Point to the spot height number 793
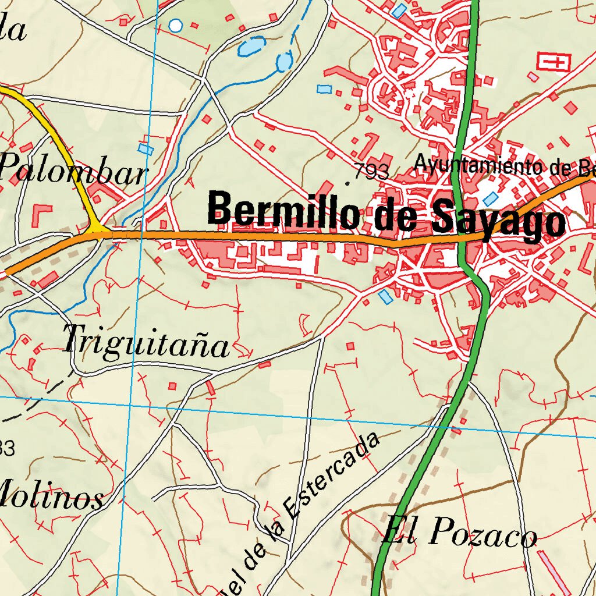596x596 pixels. tap(371, 172)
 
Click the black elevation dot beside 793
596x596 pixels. tap(348, 183)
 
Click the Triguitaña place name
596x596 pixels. tap(146, 342)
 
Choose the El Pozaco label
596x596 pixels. tap(460, 533)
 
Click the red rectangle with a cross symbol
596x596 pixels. tap(554, 61)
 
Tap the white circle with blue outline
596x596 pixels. tap(175, 26)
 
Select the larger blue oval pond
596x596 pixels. tap(251, 46)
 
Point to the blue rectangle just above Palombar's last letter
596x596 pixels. tap(146, 149)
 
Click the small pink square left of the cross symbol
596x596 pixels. tap(533, 76)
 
